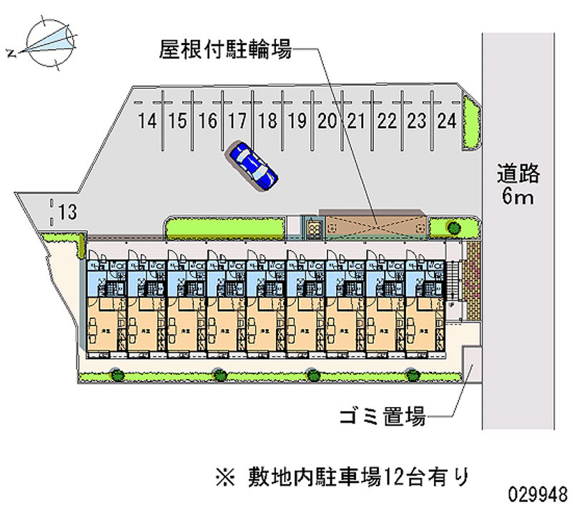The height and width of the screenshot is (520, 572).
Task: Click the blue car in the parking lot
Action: point(252,165)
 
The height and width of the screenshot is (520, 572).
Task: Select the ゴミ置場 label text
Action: point(383,416)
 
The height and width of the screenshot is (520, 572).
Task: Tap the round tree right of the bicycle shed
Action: point(453,227)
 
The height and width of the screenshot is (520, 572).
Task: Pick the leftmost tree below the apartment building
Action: point(116,373)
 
